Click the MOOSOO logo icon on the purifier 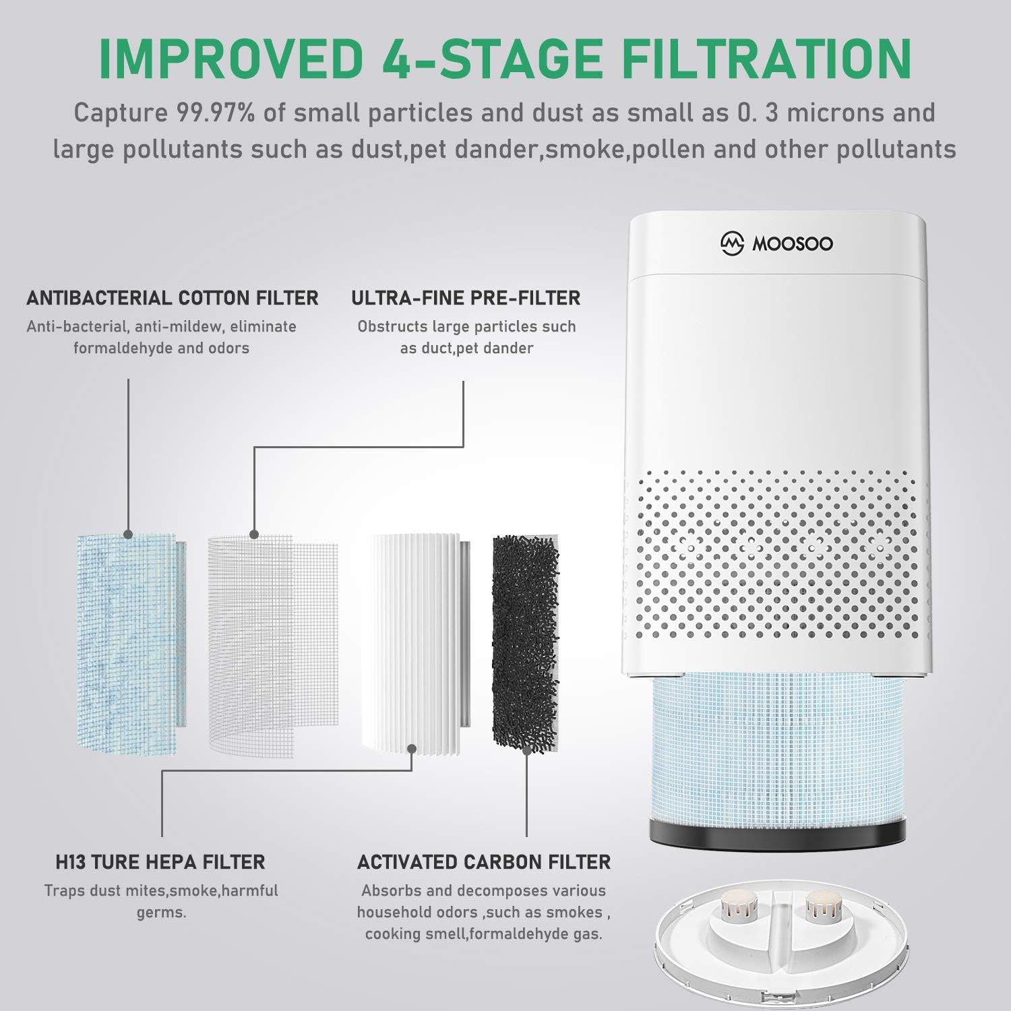pos(732,243)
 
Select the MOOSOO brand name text pos(793,244)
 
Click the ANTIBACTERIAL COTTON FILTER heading pos(172,298)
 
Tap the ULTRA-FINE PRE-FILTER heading pos(466,298)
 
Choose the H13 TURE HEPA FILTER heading pos(160,862)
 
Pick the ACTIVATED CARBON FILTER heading pos(484,862)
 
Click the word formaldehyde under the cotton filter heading pos(117,348)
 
